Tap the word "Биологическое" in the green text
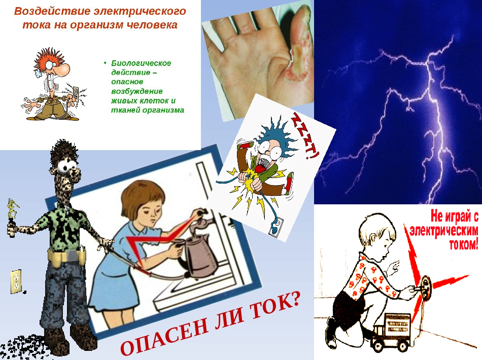coord(141,63)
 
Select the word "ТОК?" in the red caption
coord(274,304)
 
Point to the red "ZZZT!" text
coord(305,136)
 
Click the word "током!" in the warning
coord(464,245)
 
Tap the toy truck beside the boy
coord(391,332)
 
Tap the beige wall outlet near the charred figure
coord(16,281)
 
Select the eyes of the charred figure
coord(68,166)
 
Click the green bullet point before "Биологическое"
coord(105,63)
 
